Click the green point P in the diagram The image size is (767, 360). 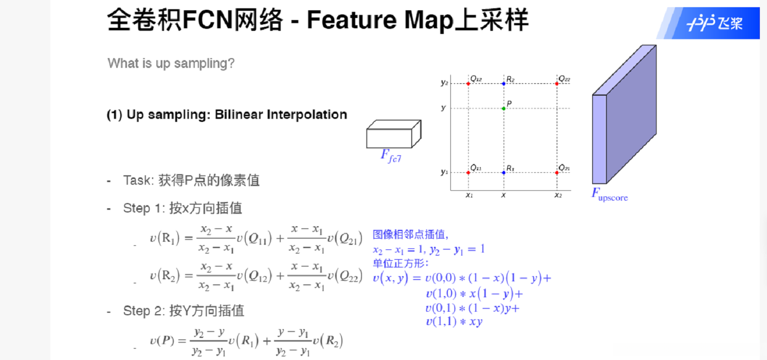click(x=503, y=108)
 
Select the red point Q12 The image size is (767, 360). click(x=468, y=83)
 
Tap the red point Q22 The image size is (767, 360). click(x=557, y=83)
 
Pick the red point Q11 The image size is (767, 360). click(x=468, y=172)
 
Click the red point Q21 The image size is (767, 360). click(x=557, y=172)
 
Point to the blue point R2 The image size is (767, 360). click(x=503, y=83)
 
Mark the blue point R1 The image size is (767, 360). click(x=503, y=172)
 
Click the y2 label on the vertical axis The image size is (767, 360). click(x=444, y=82)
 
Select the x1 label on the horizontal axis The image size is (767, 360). click(x=468, y=195)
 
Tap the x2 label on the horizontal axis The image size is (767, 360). click(x=558, y=195)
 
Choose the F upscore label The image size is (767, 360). click(x=609, y=195)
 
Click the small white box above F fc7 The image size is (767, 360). click(x=393, y=135)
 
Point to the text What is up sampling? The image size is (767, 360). click(x=171, y=64)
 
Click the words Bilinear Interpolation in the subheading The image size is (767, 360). click(x=281, y=114)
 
